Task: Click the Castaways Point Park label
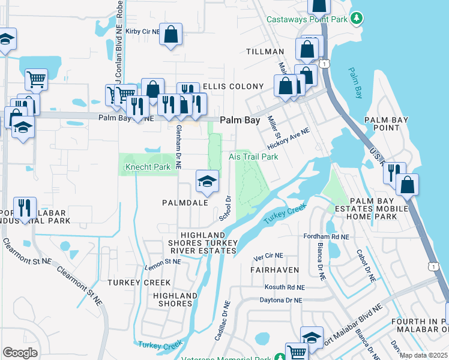(307, 20)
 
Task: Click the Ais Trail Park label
(253, 157)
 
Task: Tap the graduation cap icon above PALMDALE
(206, 181)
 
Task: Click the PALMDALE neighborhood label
(185, 203)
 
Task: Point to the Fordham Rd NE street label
(327, 237)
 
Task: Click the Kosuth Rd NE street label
(285, 287)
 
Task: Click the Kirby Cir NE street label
(143, 31)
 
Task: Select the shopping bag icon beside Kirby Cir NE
(171, 34)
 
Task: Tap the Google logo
(20, 353)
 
